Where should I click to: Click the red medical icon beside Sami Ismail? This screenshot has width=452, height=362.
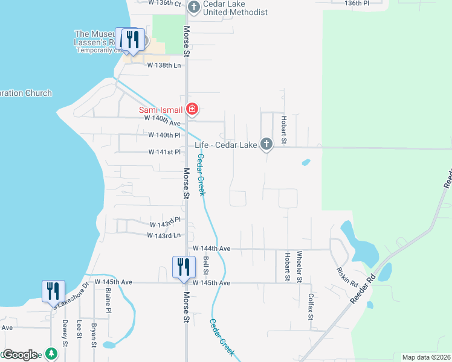tap(192, 109)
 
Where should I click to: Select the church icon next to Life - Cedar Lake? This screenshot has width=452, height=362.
tap(266, 144)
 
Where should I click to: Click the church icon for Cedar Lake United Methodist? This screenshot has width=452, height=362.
tap(193, 7)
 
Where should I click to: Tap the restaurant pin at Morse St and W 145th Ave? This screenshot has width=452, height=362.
tap(184, 267)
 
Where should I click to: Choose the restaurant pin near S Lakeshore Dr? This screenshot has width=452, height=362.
tap(53, 291)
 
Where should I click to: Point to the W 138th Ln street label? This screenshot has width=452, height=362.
tap(164, 65)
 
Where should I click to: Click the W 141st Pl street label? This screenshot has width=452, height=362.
tap(165, 152)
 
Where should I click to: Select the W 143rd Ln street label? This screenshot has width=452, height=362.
tap(164, 235)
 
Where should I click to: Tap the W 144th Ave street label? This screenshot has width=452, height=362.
tap(211, 248)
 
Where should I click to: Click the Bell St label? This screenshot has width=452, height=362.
tap(206, 264)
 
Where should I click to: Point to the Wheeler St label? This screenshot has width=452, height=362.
tap(300, 267)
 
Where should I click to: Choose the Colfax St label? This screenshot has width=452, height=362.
tap(311, 306)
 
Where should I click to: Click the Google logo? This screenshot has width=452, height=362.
tap(21, 354)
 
